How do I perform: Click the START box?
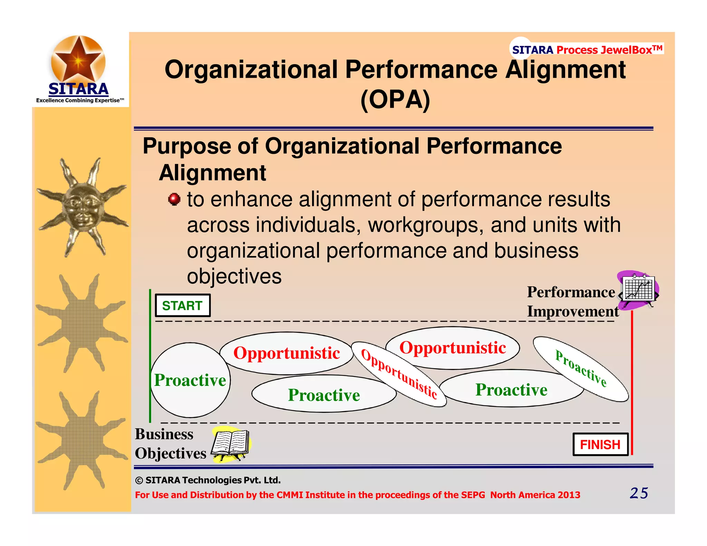[x=183, y=305]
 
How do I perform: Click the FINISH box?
[x=600, y=445]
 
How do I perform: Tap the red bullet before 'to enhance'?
[x=174, y=199]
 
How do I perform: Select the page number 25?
[x=639, y=493]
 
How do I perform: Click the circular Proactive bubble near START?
[x=190, y=380]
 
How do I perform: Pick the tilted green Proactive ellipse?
[x=581, y=369]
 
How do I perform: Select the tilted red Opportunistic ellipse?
[x=399, y=374]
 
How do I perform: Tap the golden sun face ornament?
[x=83, y=207]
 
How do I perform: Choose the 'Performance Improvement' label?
[x=572, y=302]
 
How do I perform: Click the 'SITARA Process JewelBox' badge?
[x=587, y=50]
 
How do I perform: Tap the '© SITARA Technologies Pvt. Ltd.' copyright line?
[x=208, y=480]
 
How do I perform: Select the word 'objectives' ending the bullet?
[x=234, y=276]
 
